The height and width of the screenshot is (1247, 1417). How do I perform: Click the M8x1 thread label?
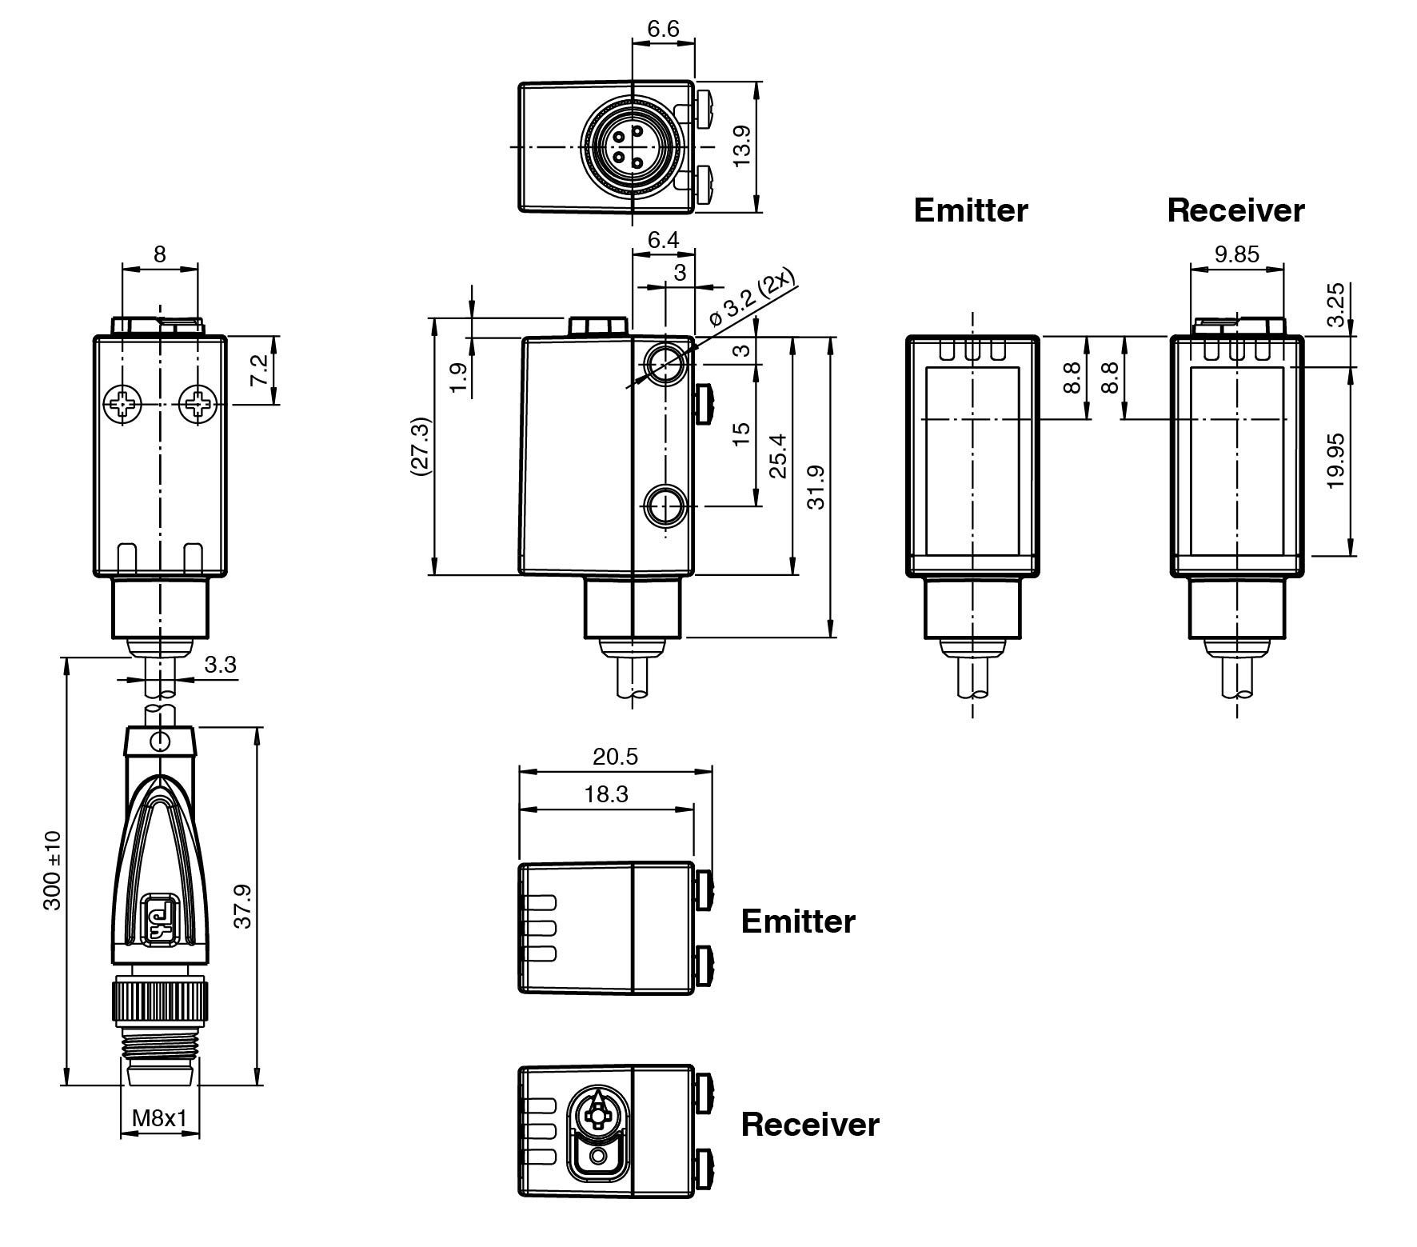click(x=159, y=1117)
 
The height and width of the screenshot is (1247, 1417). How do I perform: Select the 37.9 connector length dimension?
click(x=243, y=906)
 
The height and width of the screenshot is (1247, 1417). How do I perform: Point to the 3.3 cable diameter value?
click(x=220, y=665)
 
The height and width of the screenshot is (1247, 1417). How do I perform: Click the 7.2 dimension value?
click(x=260, y=371)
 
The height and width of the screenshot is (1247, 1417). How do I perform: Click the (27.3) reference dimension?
click(x=421, y=446)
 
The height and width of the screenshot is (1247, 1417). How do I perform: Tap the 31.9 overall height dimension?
click(x=816, y=487)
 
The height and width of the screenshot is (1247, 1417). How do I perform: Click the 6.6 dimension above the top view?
click(x=663, y=30)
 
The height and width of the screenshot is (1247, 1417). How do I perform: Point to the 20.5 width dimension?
click(x=615, y=757)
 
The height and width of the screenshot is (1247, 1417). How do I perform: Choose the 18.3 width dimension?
click(x=606, y=794)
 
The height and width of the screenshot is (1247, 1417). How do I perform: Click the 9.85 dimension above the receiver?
click(x=1236, y=254)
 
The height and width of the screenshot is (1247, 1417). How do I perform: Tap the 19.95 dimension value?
click(x=1335, y=462)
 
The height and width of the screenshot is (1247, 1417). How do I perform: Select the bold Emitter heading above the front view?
click(x=970, y=210)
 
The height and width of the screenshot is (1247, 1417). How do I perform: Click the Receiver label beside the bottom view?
click(x=809, y=1125)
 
